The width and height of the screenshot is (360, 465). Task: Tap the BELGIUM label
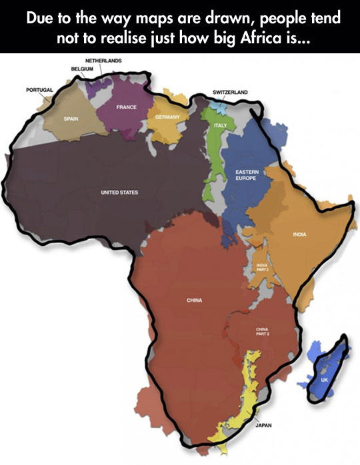click(x=82, y=68)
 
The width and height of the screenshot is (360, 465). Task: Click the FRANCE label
click(x=126, y=107)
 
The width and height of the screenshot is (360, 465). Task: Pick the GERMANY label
click(x=165, y=117)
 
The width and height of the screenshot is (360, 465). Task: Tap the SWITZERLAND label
click(x=231, y=91)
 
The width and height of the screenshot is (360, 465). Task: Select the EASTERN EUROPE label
click(x=247, y=175)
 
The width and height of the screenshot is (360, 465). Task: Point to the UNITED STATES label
click(x=119, y=193)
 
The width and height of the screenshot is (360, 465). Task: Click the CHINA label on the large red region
click(x=194, y=300)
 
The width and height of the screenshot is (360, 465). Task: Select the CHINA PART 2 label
click(x=261, y=332)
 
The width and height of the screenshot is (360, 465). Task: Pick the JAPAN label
click(x=263, y=424)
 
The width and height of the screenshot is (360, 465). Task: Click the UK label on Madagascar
click(x=325, y=380)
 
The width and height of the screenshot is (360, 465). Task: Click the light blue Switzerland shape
click(x=217, y=106)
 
